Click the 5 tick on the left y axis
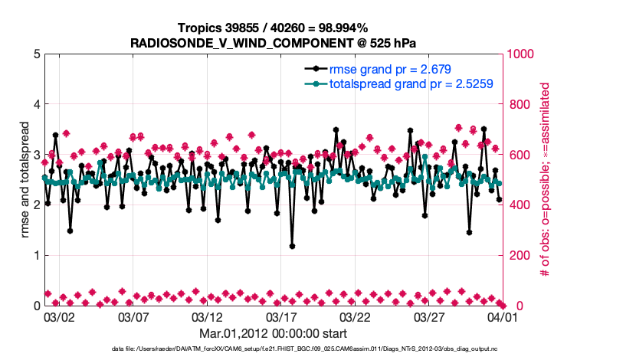35,54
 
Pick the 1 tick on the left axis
35,255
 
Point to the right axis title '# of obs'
546,180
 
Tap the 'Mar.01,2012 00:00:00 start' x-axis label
273,333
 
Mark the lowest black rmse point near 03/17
292,246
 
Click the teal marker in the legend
313,83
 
